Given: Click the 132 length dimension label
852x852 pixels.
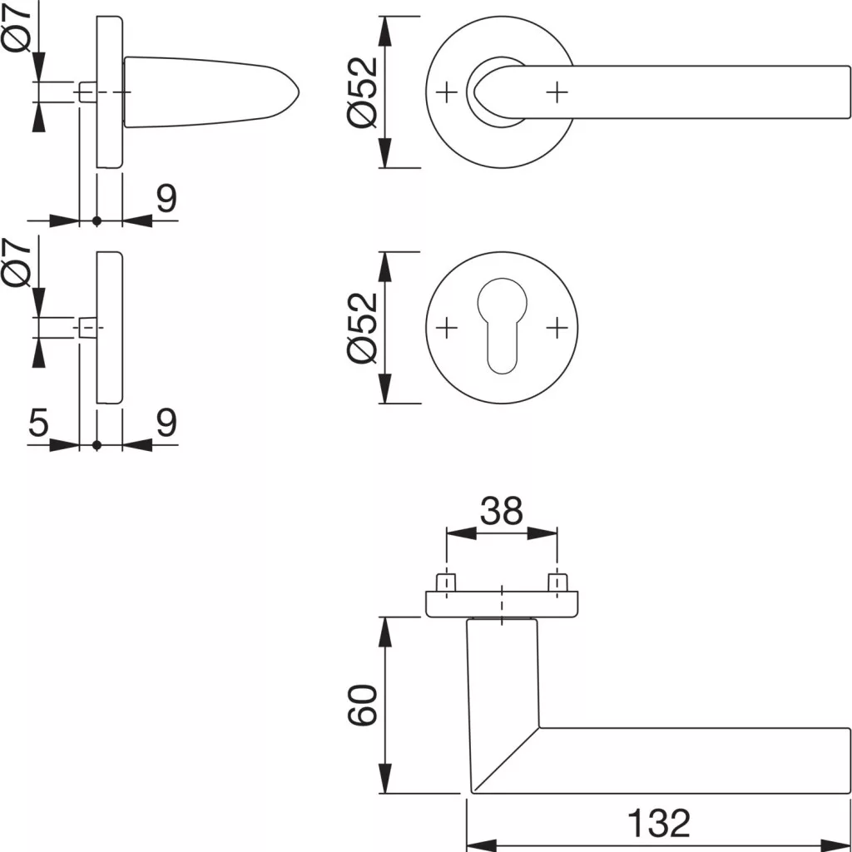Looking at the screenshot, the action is coord(659,823).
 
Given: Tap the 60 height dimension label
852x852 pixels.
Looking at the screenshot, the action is coord(363,705).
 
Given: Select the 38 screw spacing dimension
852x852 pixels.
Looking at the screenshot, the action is coord(502,512).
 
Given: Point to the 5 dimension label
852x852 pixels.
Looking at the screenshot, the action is coord(38,422).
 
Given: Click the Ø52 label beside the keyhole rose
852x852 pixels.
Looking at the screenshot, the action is coord(363,328).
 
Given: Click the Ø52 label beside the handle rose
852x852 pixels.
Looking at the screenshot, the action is coord(363,92).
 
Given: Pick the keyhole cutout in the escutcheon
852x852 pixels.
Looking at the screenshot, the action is coord(502,326).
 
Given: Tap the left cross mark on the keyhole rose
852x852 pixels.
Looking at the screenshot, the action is coord(447,328).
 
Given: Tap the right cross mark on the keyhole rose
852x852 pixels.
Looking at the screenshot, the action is coord(557,328).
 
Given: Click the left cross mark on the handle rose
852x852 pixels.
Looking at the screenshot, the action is coord(447,92).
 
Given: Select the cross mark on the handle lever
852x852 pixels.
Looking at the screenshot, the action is coord(557,92).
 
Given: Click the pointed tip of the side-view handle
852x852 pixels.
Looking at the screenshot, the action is coord(299,92).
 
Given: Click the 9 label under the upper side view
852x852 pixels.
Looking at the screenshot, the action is coord(166,198).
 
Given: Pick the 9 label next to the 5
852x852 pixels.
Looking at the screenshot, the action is coord(166,422).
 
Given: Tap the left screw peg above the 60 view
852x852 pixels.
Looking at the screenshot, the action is coord(446,582).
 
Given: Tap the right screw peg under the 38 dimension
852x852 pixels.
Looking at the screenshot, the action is coord(557,582).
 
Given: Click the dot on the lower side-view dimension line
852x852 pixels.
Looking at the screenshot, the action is coord(97,446).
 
